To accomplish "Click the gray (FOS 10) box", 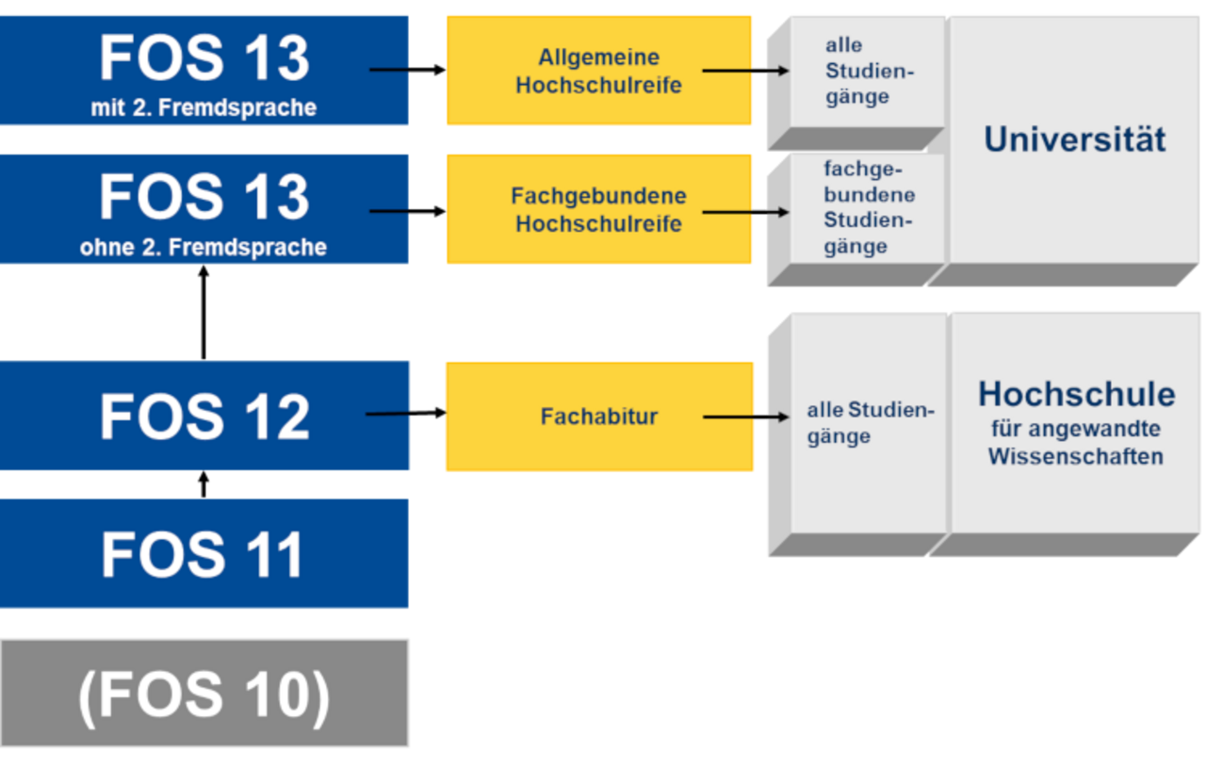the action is tap(204, 693).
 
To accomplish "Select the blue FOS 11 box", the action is tap(204, 554).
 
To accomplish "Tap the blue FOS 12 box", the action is tap(204, 416).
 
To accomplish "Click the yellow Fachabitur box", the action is tap(599, 417).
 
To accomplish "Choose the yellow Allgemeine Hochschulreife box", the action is tap(598, 71).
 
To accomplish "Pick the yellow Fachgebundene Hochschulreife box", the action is tap(598, 209).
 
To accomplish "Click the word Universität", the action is tap(1075, 139).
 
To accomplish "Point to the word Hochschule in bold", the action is tap(1077, 394).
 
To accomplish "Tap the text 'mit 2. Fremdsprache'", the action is tap(204, 107).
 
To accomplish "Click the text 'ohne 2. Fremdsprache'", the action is tap(204, 247).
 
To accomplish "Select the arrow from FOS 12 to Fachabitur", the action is tap(406, 414).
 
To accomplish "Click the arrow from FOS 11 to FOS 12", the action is tap(204, 484).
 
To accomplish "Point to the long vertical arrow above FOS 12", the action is tap(204, 313).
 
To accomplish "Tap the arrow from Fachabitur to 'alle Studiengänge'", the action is tap(745, 417).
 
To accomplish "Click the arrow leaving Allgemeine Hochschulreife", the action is tap(745, 71).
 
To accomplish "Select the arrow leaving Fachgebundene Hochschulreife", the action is tap(745, 212).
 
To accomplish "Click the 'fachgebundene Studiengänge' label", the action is tap(869, 207).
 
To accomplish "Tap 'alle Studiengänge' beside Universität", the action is tap(870, 71).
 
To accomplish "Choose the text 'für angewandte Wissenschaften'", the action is tap(1076, 442).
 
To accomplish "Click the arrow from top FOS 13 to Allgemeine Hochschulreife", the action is tap(407, 70).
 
